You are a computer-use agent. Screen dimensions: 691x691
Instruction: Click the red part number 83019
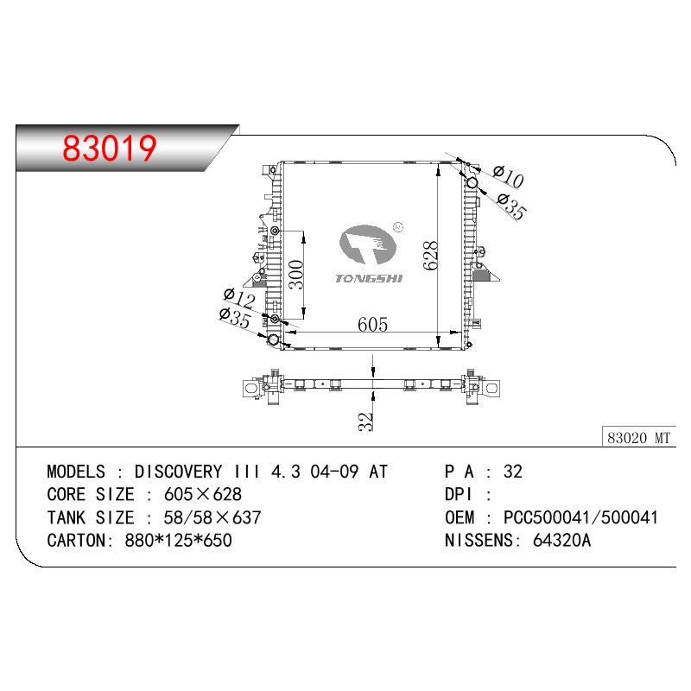pyautogui.click(x=110, y=148)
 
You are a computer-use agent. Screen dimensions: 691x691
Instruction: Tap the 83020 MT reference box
pyautogui.click(x=638, y=438)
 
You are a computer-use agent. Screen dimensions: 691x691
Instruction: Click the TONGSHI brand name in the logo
pyautogui.click(x=369, y=278)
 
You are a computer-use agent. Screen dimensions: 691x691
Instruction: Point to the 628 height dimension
pyautogui.click(x=430, y=255)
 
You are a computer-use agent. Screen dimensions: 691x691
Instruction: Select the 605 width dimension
pyautogui.click(x=373, y=325)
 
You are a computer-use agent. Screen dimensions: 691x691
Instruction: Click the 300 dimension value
pyautogui.click(x=296, y=274)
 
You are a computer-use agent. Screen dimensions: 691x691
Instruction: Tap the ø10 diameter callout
pyautogui.click(x=508, y=176)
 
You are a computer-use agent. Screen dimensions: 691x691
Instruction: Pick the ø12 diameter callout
pyautogui.click(x=239, y=298)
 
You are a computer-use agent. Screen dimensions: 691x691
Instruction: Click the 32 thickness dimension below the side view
pyautogui.click(x=365, y=422)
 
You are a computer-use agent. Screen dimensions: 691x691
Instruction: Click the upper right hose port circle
pyautogui.click(x=472, y=182)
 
